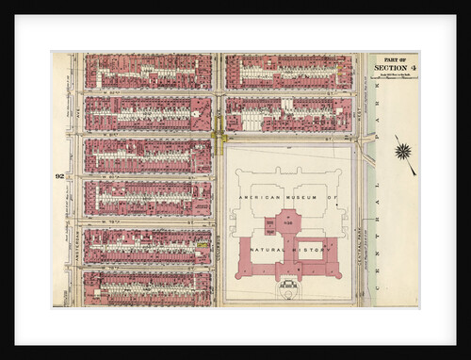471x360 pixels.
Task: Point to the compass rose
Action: tap(404, 151)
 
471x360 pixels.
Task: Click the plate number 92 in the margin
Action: tap(58, 176)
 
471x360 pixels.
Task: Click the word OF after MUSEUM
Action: tap(331, 198)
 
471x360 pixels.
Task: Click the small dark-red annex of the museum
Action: tap(270, 225)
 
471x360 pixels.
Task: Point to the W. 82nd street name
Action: tap(141, 92)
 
